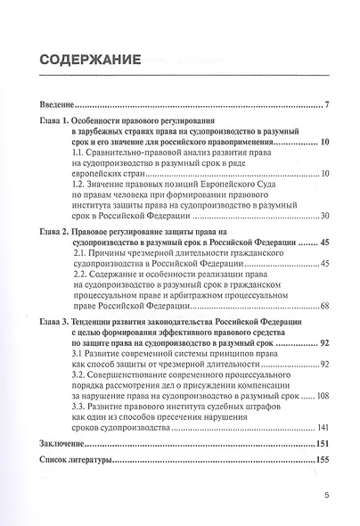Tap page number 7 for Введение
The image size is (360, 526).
(329, 107)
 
